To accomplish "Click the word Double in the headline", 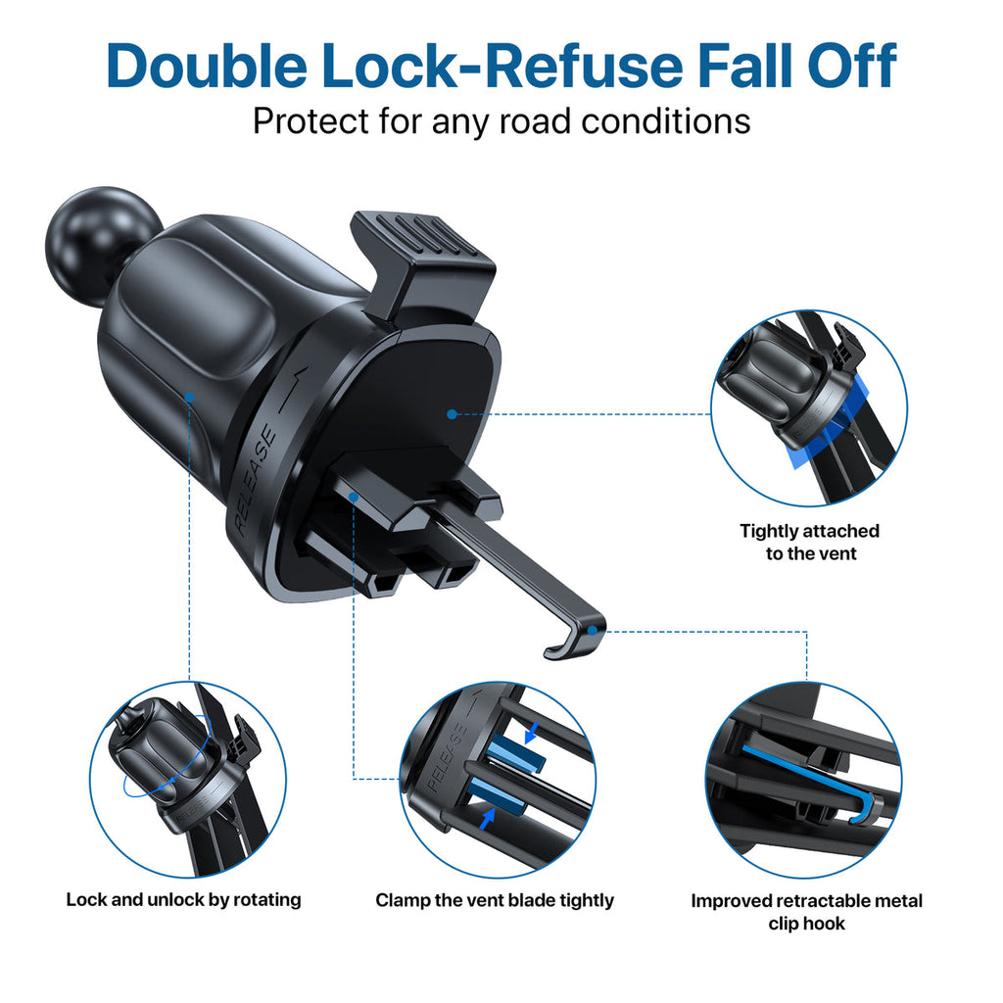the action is [x=207, y=66].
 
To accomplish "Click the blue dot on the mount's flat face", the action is [x=452, y=414].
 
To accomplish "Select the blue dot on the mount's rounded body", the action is [x=189, y=398].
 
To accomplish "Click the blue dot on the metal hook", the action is [x=593, y=631].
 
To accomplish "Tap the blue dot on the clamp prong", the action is [x=353, y=497].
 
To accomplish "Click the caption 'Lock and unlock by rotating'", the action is [x=183, y=900].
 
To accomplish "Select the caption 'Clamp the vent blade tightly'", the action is [x=495, y=901].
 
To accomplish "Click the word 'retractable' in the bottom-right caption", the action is [x=816, y=901].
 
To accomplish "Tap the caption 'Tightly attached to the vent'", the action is [x=810, y=542].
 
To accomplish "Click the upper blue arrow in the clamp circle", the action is [x=530, y=733].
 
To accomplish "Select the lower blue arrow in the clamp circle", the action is [x=488, y=819].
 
